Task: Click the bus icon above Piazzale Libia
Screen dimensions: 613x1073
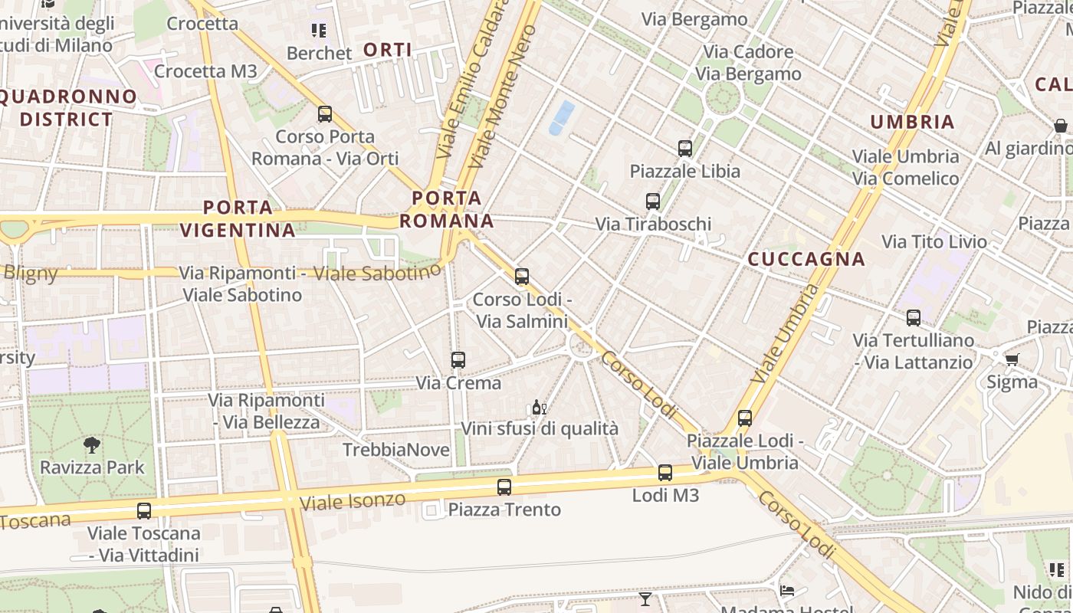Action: point(685,149)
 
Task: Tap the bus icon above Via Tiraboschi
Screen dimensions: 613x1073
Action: point(653,202)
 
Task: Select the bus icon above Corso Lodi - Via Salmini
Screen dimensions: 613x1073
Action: point(522,277)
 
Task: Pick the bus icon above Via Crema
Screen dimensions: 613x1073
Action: point(458,359)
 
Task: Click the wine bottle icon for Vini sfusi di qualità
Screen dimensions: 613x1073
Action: point(540,408)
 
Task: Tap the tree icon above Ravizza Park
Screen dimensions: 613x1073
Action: point(92,444)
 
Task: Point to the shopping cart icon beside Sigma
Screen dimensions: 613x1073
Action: point(1012,359)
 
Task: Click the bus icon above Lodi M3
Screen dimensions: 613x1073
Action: point(665,473)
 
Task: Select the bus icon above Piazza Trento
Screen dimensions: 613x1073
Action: point(504,487)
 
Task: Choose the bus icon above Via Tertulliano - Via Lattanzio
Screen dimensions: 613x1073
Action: point(914,317)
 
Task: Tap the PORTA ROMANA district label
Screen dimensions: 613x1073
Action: point(446,210)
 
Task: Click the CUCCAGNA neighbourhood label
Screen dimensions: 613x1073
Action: point(806,259)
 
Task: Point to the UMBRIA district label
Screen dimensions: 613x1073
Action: point(912,122)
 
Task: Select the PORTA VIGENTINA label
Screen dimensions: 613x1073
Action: point(238,218)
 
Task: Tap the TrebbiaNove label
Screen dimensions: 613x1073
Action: point(396,450)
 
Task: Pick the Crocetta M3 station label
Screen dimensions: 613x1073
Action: point(205,71)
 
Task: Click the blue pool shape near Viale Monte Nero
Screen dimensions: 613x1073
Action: point(562,117)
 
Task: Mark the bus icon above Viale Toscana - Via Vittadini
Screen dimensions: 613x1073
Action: point(144,510)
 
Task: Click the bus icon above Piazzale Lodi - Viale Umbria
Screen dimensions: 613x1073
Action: point(745,418)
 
